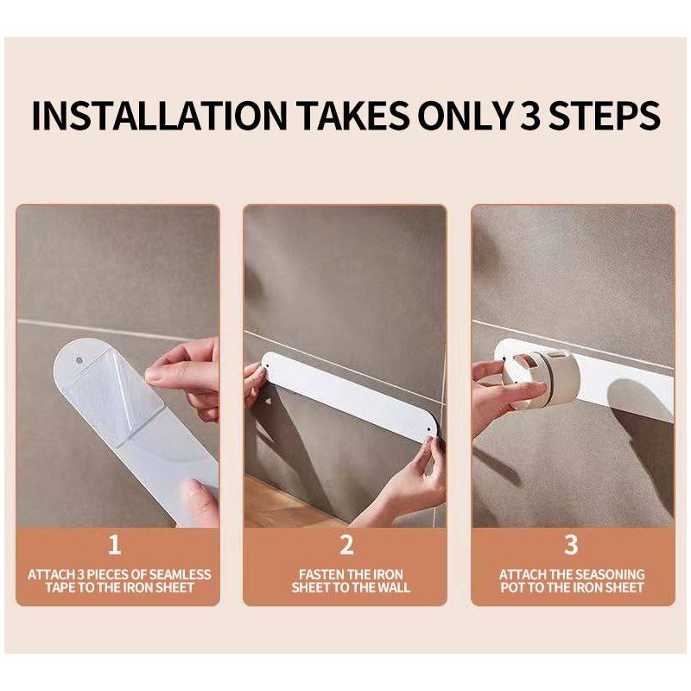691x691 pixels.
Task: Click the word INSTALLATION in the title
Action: coord(159,116)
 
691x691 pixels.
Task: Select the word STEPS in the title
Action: coord(604,116)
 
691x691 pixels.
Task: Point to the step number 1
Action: coord(115,544)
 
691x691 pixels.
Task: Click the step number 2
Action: coord(346,544)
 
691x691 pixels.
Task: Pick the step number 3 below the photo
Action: coord(571,544)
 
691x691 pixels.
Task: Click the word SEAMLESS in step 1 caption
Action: coord(180,574)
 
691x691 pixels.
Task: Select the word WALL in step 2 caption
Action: coord(394,587)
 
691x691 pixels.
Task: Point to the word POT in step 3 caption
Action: coord(512,587)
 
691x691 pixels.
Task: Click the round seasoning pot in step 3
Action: coord(542,379)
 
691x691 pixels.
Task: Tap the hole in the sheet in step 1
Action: coord(79,360)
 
